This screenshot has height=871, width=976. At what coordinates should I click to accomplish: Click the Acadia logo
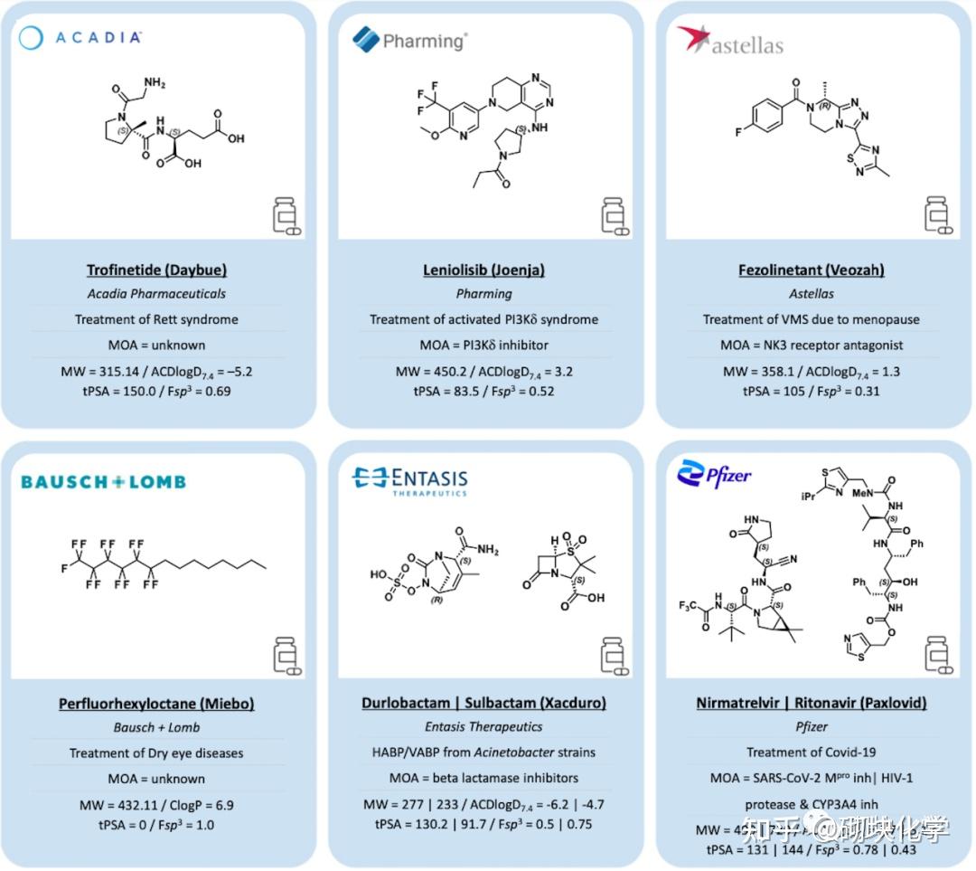(x=80, y=37)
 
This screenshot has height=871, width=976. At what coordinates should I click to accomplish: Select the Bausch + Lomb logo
(x=103, y=481)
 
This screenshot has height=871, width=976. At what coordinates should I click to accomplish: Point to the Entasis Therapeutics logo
(x=409, y=480)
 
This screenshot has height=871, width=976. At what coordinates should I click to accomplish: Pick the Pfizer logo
(x=714, y=473)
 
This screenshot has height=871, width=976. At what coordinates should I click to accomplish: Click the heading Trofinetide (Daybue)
(x=156, y=270)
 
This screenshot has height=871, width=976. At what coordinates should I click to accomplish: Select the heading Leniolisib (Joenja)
(x=483, y=270)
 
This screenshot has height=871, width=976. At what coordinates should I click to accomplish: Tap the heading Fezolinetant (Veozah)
(x=811, y=270)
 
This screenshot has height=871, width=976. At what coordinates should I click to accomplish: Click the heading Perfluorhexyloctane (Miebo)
(x=156, y=703)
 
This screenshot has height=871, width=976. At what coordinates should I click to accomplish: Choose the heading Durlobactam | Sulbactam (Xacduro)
(x=483, y=703)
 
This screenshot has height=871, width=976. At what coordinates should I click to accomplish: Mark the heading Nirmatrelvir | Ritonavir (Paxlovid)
(x=811, y=703)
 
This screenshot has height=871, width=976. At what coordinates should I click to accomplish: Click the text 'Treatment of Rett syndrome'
(x=156, y=319)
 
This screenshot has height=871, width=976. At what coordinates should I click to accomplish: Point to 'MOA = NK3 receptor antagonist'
(x=811, y=345)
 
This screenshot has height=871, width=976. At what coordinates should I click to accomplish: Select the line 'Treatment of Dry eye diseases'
(x=156, y=753)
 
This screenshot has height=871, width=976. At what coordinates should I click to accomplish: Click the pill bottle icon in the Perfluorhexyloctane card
(x=286, y=658)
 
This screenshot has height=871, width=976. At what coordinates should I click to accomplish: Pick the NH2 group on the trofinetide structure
(x=155, y=83)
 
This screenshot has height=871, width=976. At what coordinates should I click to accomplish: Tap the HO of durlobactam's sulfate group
(x=378, y=574)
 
